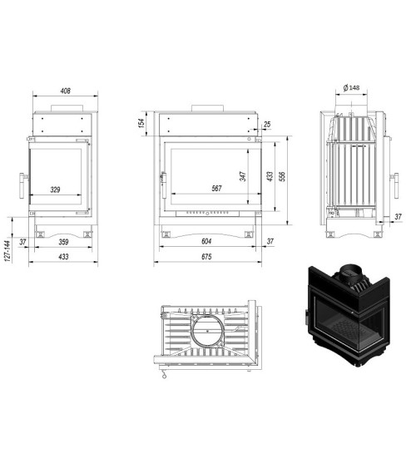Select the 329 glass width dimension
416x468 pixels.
pos(55,190)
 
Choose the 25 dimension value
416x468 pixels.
pos(267,126)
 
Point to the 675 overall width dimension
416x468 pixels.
pos(206,257)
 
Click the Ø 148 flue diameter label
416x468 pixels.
pos(351,88)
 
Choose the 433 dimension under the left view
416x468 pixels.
pos(62,257)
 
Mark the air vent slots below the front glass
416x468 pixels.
pos(206,213)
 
